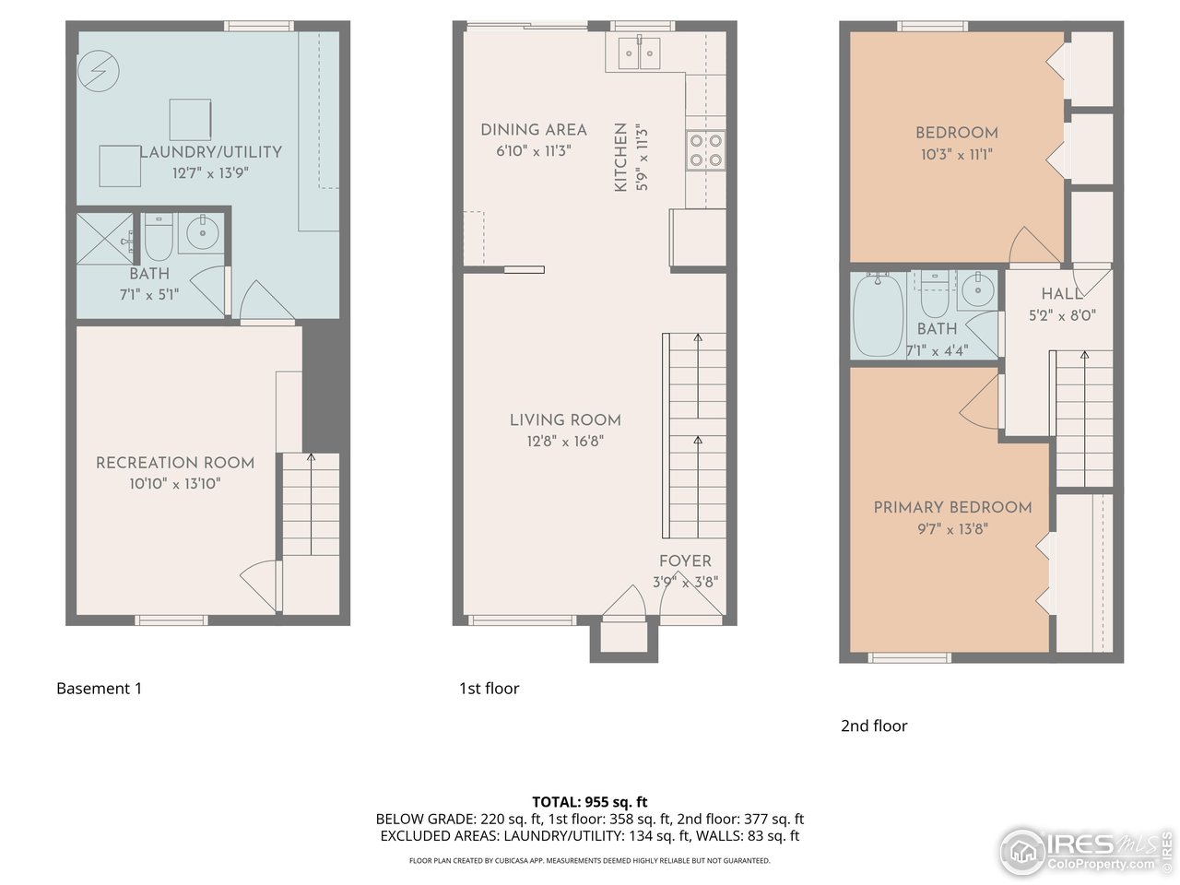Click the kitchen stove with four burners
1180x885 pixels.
click(x=706, y=149)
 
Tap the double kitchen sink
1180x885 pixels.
click(x=642, y=53)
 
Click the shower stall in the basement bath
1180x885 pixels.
click(x=104, y=239)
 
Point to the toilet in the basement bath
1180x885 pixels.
click(x=158, y=239)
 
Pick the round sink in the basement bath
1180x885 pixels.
click(x=201, y=232)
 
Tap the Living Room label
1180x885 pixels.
click(x=565, y=420)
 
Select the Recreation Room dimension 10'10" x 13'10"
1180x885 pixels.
click(x=175, y=484)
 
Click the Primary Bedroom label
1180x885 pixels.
click(x=952, y=507)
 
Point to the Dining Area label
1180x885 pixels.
click(x=534, y=130)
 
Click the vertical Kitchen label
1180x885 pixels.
click(x=620, y=158)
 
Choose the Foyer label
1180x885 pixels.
click(x=685, y=560)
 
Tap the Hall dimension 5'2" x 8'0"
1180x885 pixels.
click(x=1062, y=315)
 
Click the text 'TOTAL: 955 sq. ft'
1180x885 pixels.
click(x=589, y=802)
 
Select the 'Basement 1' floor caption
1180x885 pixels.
click(x=100, y=689)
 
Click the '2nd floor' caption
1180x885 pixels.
click(x=874, y=726)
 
